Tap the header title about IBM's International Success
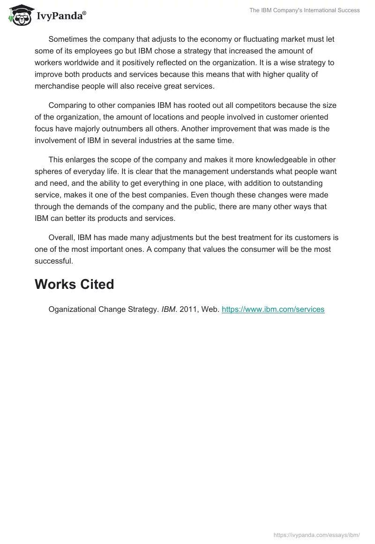(304, 10)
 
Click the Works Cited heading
(74, 284)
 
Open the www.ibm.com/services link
(273, 310)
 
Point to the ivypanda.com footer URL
(316, 534)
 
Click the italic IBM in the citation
(168, 310)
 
